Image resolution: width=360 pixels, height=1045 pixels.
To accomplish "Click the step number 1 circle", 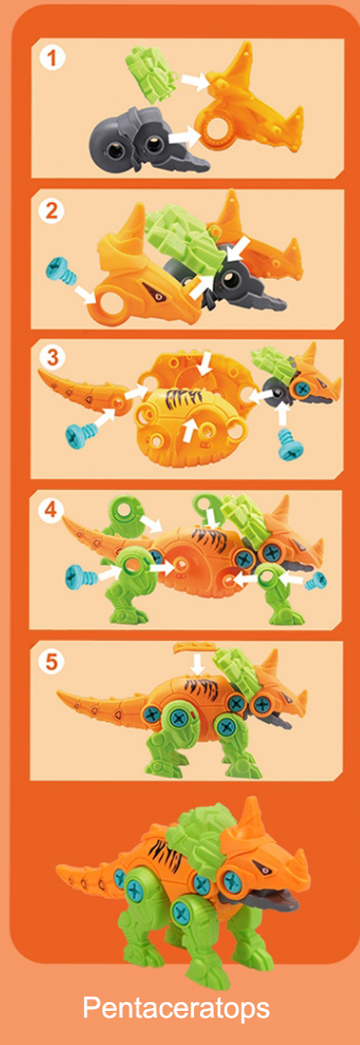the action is pos(54,58).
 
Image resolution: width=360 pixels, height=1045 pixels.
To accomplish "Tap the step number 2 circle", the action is pos(51,211).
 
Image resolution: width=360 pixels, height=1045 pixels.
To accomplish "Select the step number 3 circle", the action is pos(52,358).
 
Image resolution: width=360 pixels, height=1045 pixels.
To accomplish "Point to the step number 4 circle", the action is pos(51,510).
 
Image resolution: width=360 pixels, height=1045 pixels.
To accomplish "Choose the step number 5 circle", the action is pos(51,661).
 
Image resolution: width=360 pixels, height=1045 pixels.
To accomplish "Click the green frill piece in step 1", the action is pos(151,74).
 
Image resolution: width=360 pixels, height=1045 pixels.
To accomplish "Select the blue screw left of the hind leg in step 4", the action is pos(82,573).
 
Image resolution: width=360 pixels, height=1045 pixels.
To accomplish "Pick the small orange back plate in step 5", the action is pos(193,647).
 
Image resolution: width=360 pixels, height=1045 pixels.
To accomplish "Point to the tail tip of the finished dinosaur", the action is pos(59,869).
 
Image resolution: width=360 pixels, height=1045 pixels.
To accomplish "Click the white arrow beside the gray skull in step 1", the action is pos(183,136).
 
